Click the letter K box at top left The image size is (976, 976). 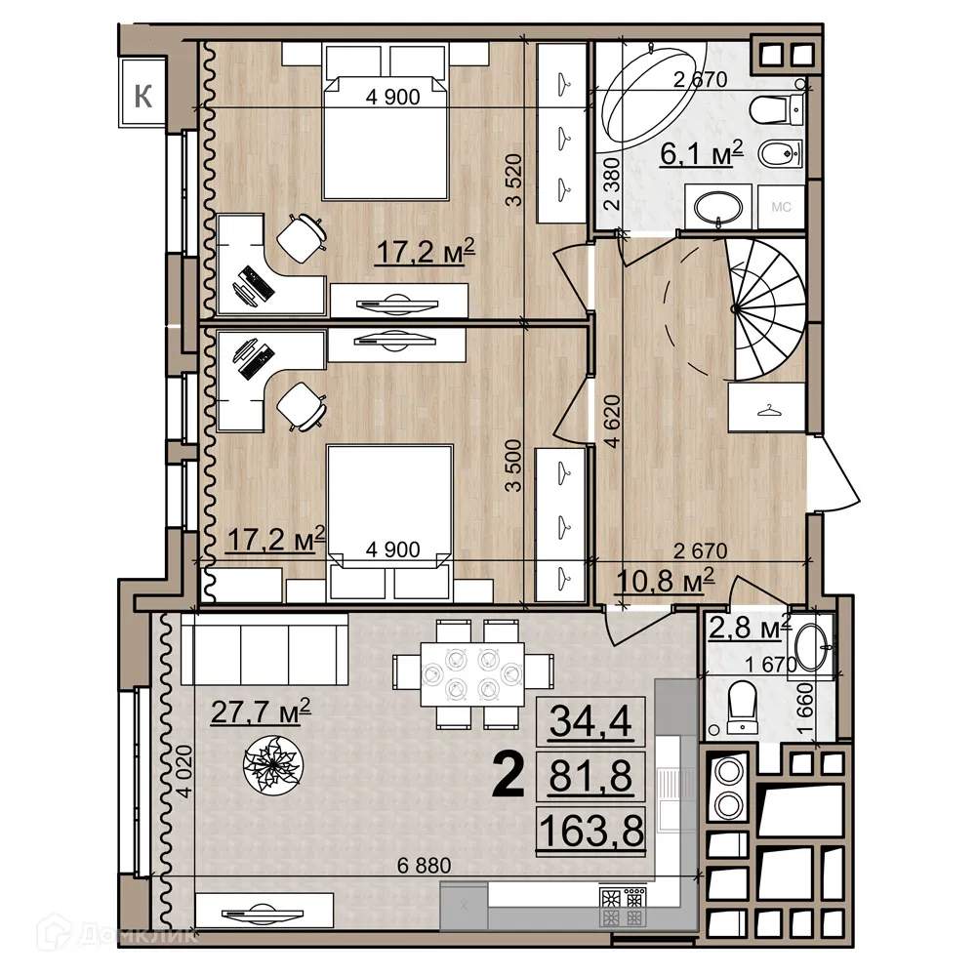pos(144,96)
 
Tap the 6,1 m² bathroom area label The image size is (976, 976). pos(701,152)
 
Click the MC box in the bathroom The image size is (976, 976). pos(781,207)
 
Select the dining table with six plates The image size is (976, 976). pos(468,674)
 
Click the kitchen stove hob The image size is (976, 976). pos(622,908)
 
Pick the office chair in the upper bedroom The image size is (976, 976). pos(302,237)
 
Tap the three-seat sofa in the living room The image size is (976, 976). pos(265,650)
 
